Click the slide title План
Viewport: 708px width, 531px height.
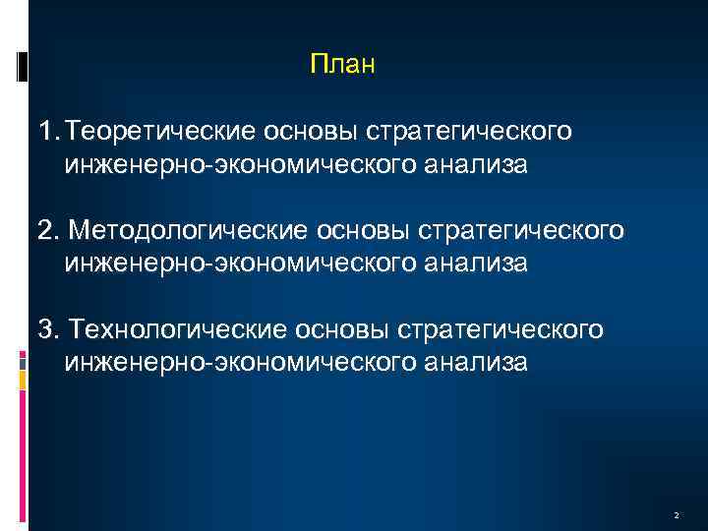pyautogui.click(x=342, y=65)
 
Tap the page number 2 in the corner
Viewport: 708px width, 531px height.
pyautogui.click(x=678, y=515)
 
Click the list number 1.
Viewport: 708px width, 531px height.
pyautogui.click(x=44, y=131)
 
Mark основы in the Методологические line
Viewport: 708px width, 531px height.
pyautogui.click(x=361, y=229)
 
